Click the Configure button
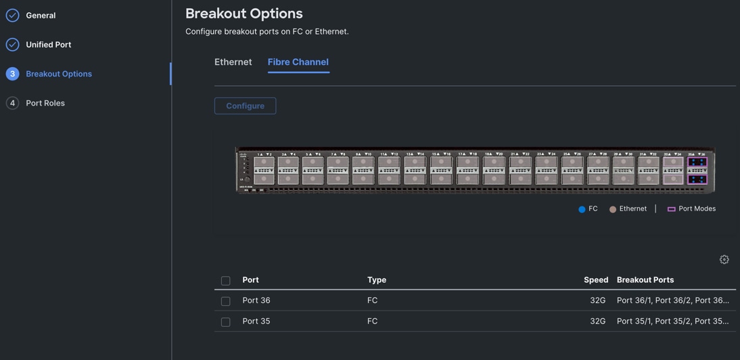(245, 106)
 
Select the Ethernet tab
(233, 62)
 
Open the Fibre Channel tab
(298, 62)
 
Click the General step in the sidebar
(41, 16)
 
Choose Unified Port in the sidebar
(48, 45)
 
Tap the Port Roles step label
(45, 104)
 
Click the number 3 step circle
(12, 74)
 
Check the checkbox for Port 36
(226, 301)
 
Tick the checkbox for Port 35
(226, 322)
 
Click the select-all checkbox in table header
(226, 281)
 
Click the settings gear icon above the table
(724, 260)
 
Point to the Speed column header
(595, 280)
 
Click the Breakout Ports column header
(645, 280)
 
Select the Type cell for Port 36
(372, 300)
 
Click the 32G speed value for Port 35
(597, 321)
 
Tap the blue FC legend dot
(582, 210)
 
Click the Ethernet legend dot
(613, 210)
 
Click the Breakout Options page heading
(244, 14)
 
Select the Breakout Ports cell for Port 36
(672, 300)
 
